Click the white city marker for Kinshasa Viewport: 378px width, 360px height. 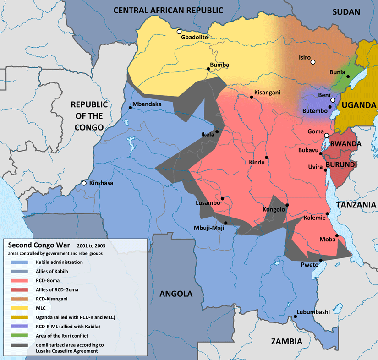pos(84,183)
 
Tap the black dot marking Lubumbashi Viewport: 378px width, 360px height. pos(295,316)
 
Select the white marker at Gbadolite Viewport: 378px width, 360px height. pos(178,32)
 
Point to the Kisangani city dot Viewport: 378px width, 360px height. pos(251,97)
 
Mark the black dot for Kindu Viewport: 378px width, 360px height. pos(266,158)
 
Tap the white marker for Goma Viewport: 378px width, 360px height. pos(326,136)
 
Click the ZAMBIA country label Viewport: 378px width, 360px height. pos(286,342)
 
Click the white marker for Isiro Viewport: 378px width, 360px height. pos(312,62)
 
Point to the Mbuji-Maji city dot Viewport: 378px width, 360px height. pos(225,223)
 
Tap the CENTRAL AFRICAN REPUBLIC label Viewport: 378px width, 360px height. pos(168,10)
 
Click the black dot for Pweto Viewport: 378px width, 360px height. pos(321,261)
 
